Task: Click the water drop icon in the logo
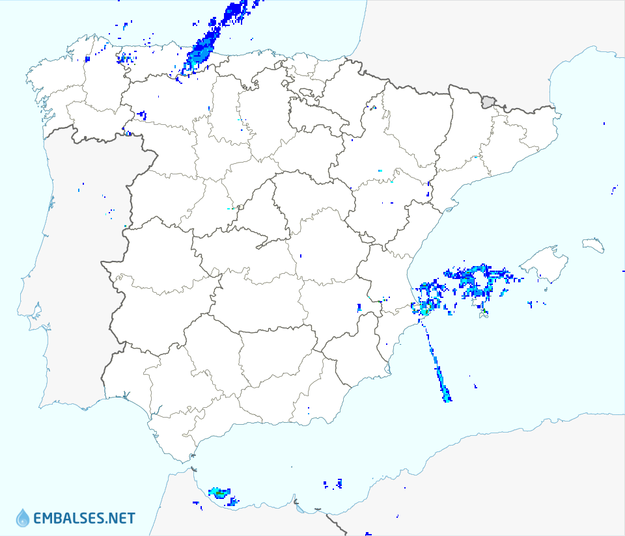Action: [23, 518]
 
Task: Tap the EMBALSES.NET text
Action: [83, 518]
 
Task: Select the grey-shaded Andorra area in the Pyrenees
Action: [488, 101]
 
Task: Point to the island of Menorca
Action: [593, 245]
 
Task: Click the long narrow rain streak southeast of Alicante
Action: [437, 368]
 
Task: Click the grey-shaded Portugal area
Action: [72, 260]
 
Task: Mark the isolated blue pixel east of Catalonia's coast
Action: [604, 124]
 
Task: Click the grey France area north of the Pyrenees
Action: [456, 39]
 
